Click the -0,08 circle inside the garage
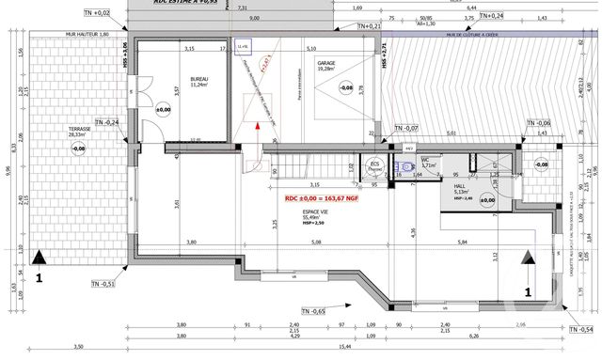tap(345, 88)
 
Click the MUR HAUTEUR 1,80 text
tap(86, 35)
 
